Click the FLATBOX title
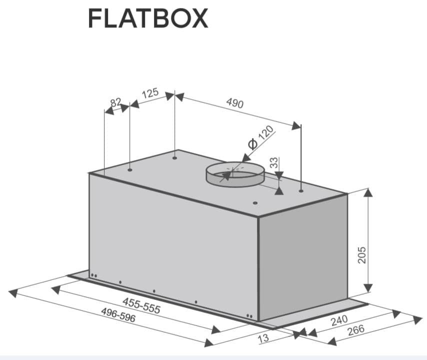tap(147, 19)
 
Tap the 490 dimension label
tap(234, 103)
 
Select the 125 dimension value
tap(150, 93)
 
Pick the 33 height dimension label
tap(273, 163)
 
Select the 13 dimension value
tap(262, 338)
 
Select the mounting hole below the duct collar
tap(255, 203)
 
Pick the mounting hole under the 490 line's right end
tap(300, 190)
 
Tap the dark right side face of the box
tap(302, 255)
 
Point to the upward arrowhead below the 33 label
tap(279, 190)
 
